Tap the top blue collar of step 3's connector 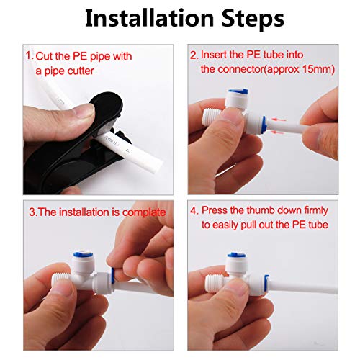pos(78,261)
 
